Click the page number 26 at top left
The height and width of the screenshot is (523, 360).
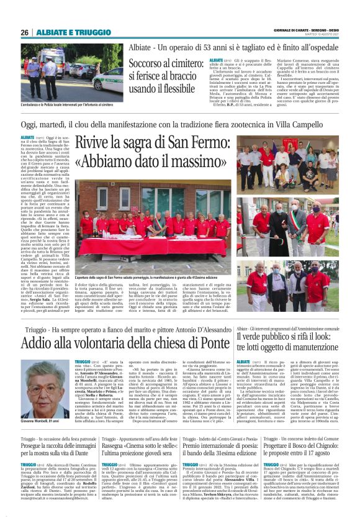coord(24,32)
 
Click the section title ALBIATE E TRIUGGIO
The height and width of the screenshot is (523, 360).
coord(65,32)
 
